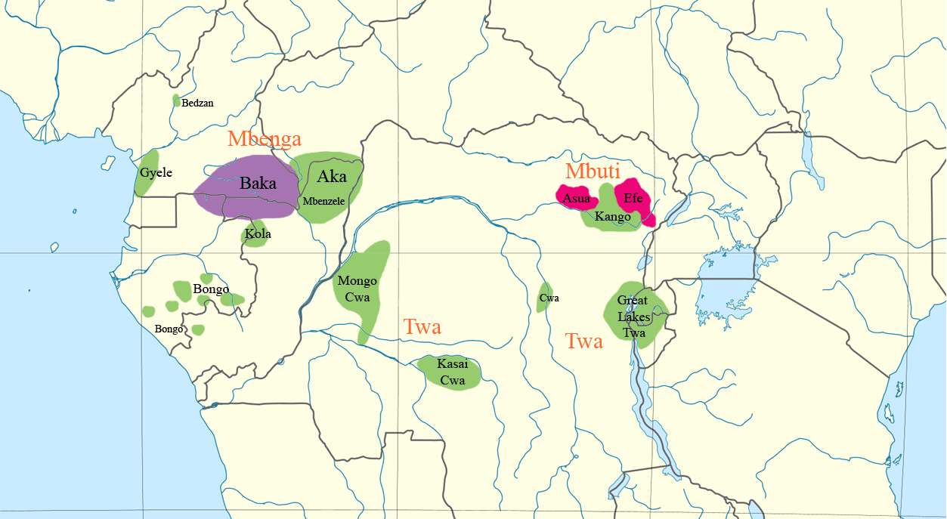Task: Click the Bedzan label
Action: tap(197, 103)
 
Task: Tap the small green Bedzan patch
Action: tap(176, 100)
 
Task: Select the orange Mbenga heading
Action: tap(265, 139)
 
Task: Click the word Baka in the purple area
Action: tap(258, 183)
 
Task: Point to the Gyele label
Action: tap(156, 172)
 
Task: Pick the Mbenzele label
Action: tap(323, 201)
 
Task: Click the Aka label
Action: tap(332, 177)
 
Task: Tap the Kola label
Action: tap(258, 234)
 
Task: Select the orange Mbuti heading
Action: tap(593, 171)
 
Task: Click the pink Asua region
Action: tap(577, 199)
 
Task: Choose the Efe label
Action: tap(633, 199)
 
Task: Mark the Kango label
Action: tap(612, 217)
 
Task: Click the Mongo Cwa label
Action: tap(357, 289)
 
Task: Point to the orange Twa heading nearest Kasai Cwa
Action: tap(422, 327)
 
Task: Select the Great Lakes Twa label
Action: tap(633, 317)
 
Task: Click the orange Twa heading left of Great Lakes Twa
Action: tap(584, 341)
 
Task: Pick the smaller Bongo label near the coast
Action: tap(169, 329)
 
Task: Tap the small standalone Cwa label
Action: tap(549, 298)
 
